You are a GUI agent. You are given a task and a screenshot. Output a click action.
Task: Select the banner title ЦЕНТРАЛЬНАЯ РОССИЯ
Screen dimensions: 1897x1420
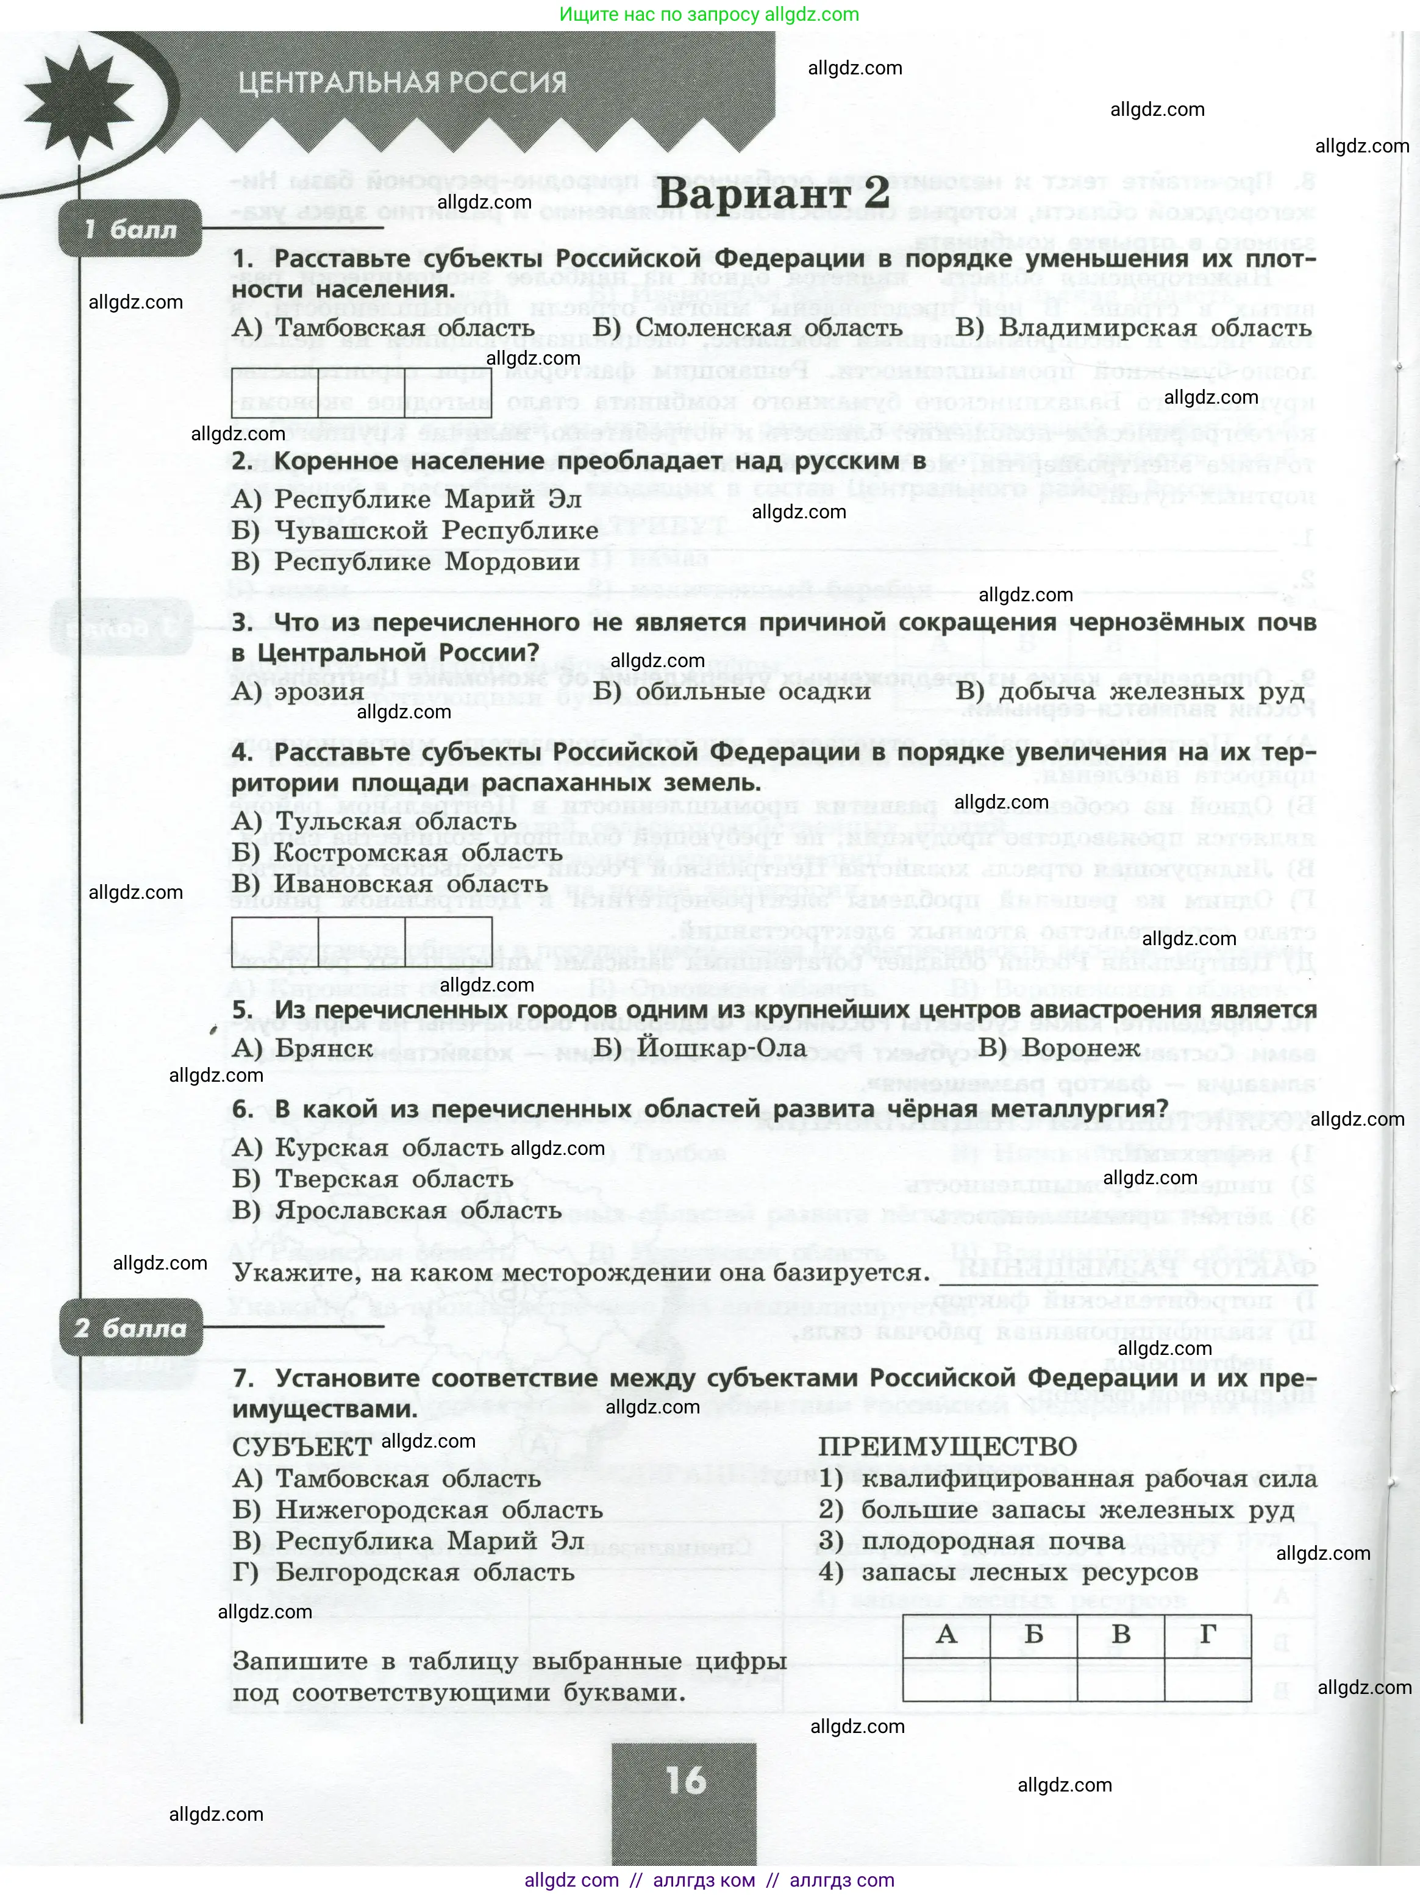(x=402, y=83)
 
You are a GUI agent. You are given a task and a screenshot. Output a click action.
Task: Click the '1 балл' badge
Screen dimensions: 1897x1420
(x=130, y=230)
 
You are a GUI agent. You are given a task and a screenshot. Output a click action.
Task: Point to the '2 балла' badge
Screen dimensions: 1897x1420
(x=130, y=1329)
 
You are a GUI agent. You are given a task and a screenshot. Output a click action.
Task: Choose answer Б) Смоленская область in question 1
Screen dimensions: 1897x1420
(x=747, y=327)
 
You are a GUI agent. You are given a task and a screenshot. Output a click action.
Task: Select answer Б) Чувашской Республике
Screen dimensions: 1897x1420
(x=415, y=531)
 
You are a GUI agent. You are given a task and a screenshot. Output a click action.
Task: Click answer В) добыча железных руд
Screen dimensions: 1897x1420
(x=1130, y=691)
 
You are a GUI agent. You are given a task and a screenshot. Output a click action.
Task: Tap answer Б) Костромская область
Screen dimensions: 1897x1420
(x=397, y=853)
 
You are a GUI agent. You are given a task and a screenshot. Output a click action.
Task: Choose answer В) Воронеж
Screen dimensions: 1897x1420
(x=1059, y=1048)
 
